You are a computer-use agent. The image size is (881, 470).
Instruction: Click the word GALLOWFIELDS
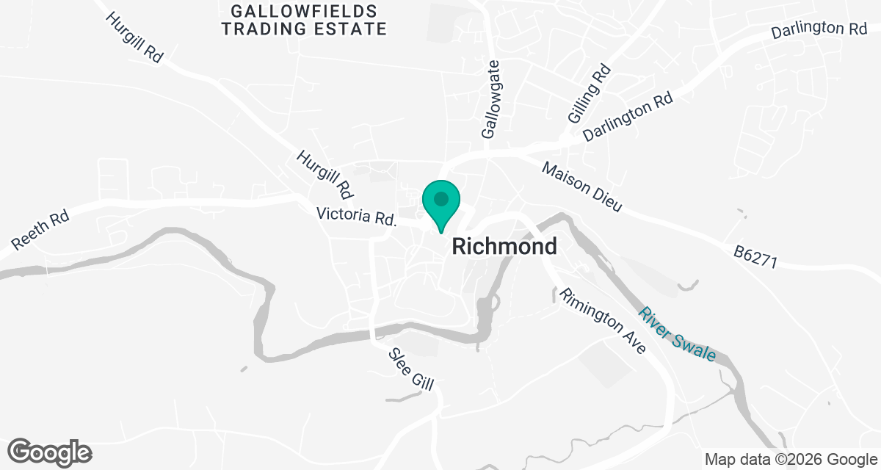click(x=304, y=12)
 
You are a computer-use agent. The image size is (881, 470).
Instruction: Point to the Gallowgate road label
click(x=490, y=100)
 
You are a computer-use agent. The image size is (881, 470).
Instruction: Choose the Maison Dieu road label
click(x=582, y=187)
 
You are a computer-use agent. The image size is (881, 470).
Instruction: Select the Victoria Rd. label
click(x=356, y=217)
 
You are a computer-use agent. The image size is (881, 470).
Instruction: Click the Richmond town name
click(x=504, y=246)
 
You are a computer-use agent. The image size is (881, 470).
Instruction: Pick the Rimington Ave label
click(x=603, y=321)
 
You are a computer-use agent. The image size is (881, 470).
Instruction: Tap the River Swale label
click(x=677, y=333)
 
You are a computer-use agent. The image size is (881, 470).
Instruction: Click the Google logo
click(x=50, y=452)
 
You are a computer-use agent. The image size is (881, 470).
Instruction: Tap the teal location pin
click(x=440, y=206)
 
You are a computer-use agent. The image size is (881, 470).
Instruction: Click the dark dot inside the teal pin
click(x=440, y=198)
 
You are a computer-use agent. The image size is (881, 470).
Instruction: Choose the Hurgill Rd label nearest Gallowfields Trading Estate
click(x=134, y=37)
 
